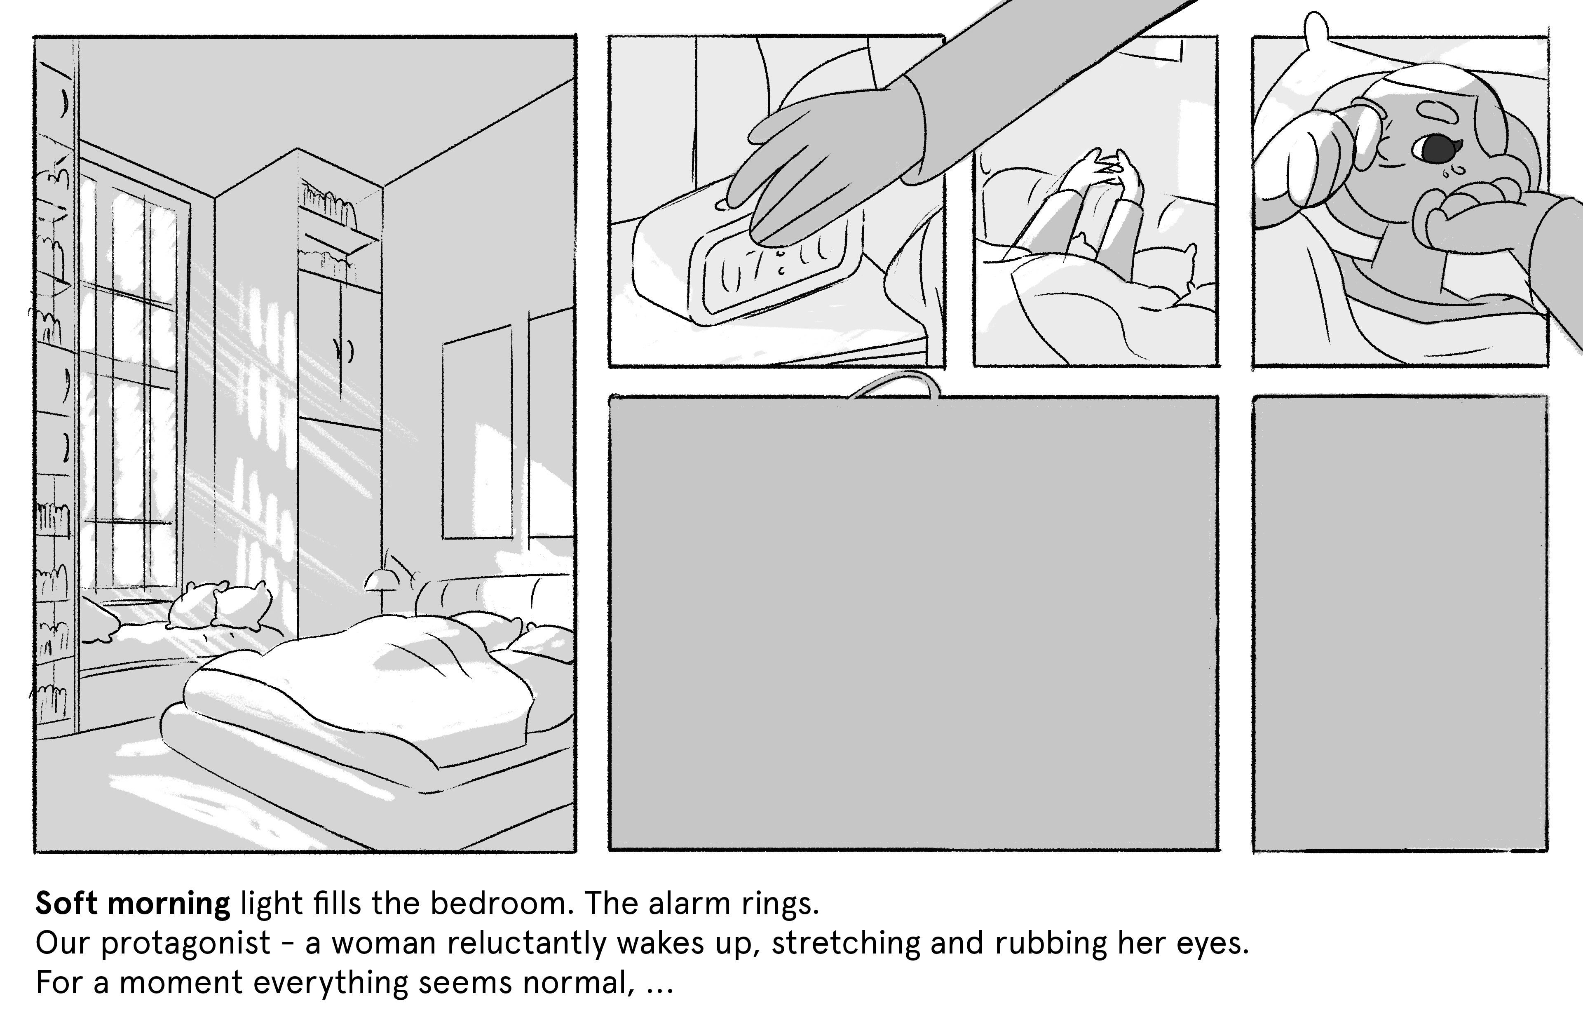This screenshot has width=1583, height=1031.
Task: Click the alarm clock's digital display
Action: point(772,266)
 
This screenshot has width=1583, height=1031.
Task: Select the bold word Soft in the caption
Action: point(66,903)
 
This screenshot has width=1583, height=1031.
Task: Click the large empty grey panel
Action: point(914,623)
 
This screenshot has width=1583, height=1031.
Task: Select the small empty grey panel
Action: point(1400,623)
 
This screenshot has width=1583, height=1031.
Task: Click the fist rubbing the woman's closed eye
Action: point(1313,156)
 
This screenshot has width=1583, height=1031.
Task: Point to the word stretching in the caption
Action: point(843,943)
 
